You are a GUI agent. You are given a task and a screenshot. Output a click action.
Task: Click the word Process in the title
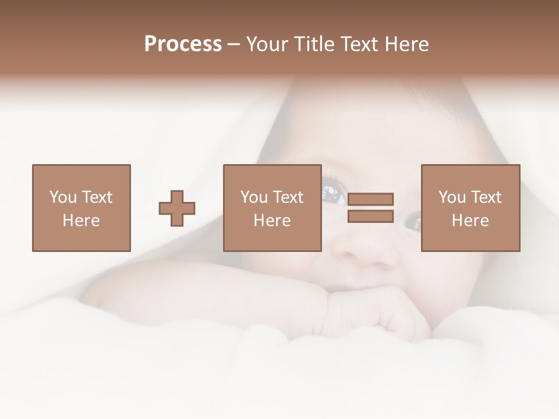183,44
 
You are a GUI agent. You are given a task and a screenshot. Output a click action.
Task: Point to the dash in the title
233,45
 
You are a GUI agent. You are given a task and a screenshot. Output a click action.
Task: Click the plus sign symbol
177,208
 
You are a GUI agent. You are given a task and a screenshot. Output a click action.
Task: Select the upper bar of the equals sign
370,199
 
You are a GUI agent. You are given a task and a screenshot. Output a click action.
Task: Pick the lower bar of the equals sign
370,216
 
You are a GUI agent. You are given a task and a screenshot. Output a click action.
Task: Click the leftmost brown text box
81,208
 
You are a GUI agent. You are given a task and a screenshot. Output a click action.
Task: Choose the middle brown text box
272,208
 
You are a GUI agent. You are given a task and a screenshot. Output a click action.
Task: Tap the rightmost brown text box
470,208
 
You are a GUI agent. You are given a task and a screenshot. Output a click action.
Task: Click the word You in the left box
63,197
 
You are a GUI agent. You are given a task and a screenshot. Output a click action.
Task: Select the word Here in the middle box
272,221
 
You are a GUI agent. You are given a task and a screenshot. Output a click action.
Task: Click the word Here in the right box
470,221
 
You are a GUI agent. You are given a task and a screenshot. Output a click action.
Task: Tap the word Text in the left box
97,197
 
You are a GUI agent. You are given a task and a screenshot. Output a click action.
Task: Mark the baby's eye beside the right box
412,221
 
